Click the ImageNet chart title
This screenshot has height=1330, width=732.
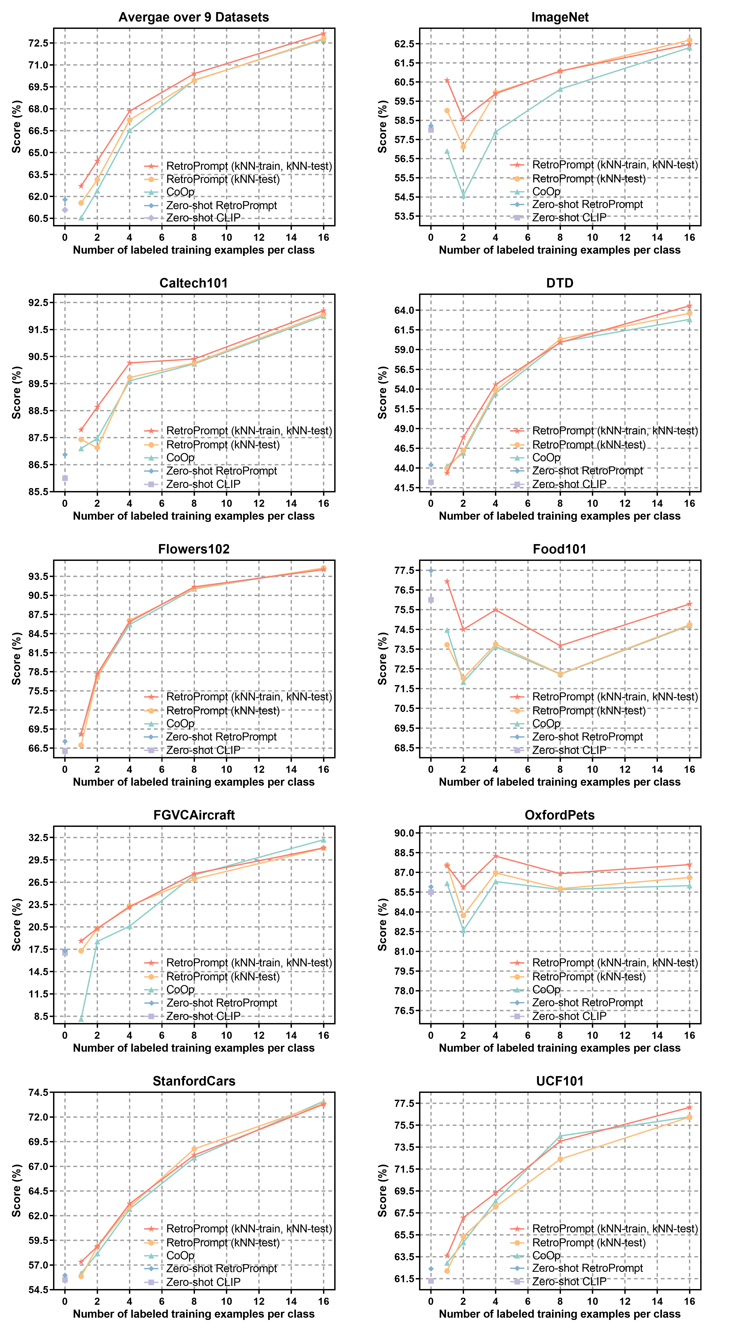pos(560,17)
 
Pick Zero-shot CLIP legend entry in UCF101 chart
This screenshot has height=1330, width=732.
pos(569,1281)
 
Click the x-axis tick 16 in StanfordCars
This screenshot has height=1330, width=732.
pos(323,1301)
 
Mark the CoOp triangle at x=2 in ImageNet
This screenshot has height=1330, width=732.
pos(463,196)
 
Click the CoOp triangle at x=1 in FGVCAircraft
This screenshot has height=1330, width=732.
pos(81,1019)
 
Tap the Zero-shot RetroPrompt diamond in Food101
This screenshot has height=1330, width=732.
pos(431,571)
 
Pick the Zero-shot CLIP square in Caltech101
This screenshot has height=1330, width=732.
pos(65,478)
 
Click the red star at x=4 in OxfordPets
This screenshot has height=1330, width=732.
pos(496,856)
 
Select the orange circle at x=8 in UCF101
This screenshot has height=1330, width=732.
pos(560,1159)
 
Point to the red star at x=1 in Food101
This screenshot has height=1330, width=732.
pos(447,581)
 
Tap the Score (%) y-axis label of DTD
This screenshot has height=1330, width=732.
pos(382,392)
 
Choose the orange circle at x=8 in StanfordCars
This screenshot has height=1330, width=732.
pos(194,1149)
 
